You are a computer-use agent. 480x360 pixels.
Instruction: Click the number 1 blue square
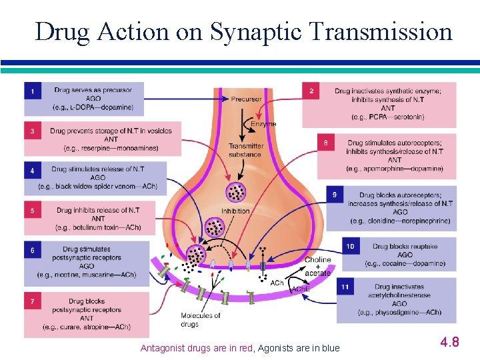(33, 91)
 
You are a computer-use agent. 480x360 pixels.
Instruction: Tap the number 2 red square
(311, 91)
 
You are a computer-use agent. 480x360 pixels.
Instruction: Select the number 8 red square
(326, 143)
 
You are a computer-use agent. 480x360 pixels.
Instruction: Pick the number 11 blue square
(345, 287)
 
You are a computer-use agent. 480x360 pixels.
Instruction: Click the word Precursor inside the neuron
(246, 99)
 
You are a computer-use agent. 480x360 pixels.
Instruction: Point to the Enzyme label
(263, 124)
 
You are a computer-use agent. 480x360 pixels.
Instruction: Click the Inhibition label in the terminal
(235, 211)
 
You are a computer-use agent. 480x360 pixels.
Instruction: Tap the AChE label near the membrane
(301, 289)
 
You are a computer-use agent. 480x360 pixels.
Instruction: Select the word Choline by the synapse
(318, 259)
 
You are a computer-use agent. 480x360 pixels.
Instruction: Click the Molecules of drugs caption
(200, 319)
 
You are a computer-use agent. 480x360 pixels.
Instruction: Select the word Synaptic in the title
(255, 32)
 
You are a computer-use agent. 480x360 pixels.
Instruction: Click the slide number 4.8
(450, 341)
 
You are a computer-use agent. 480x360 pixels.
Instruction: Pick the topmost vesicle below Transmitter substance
(236, 192)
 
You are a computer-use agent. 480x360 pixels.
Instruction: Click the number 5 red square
(33, 210)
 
